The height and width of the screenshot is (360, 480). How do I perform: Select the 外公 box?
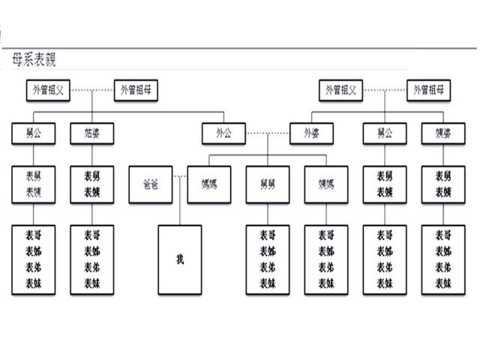tap(223, 133)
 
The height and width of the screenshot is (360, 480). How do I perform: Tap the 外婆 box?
tap(311, 133)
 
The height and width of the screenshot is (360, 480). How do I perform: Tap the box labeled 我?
tap(179, 259)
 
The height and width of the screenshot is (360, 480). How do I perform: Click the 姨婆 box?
tap(442, 133)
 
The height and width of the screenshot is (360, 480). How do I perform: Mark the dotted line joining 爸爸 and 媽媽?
tap(180, 176)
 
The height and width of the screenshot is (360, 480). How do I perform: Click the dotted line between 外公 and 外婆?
tap(268, 133)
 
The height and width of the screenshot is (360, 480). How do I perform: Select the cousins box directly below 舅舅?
tap(268, 259)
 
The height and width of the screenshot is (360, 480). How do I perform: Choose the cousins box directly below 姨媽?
tap(326, 259)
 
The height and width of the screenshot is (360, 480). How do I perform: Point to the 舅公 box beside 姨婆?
tap(384, 133)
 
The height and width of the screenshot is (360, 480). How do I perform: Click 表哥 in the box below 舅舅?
tap(268, 235)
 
